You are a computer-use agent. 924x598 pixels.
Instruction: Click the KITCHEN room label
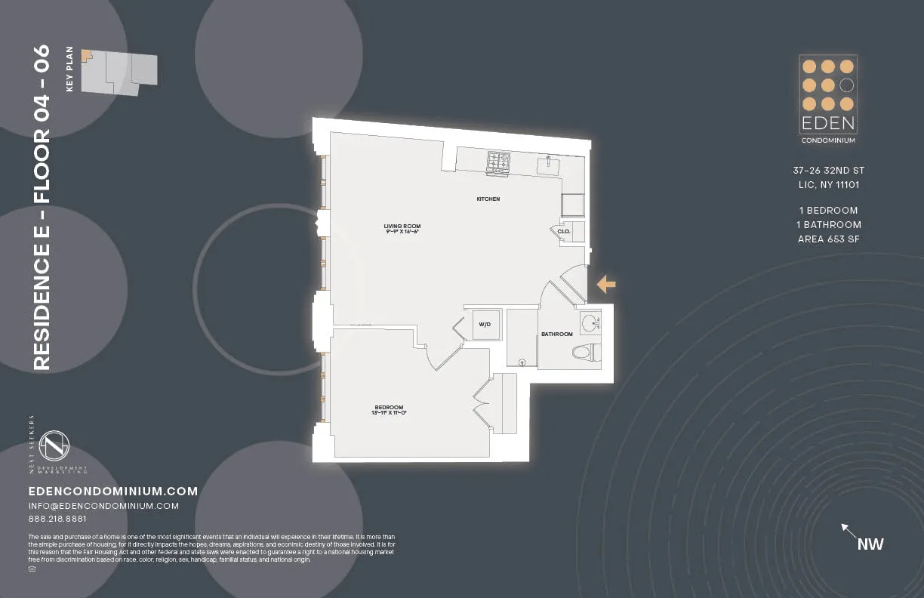tap(488, 199)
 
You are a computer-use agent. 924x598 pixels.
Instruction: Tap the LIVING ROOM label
tap(402, 226)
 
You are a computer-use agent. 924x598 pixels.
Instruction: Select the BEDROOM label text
tap(389, 407)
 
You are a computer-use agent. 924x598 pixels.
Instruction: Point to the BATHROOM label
tap(556, 334)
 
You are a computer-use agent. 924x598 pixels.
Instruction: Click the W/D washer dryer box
tap(485, 325)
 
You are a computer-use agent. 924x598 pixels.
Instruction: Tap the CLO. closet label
tap(563, 232)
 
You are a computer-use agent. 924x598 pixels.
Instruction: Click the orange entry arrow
tap(606, 284)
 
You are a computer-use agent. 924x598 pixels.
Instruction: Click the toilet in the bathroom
tap(585, 352)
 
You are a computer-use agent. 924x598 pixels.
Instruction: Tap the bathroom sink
tap(590, 322)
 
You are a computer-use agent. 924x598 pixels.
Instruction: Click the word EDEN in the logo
tap(827, 123)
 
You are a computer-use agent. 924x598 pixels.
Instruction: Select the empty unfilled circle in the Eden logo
tap(847, 85)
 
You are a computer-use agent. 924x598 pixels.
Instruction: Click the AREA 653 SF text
tap(829, 239)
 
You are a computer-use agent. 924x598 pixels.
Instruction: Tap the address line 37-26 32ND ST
tap(829, 171)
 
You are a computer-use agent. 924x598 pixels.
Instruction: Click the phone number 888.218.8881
tap(57, 519)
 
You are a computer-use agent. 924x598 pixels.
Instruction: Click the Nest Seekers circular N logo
tap(54, 446)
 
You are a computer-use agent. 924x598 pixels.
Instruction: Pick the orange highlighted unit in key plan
tap(86, 55)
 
